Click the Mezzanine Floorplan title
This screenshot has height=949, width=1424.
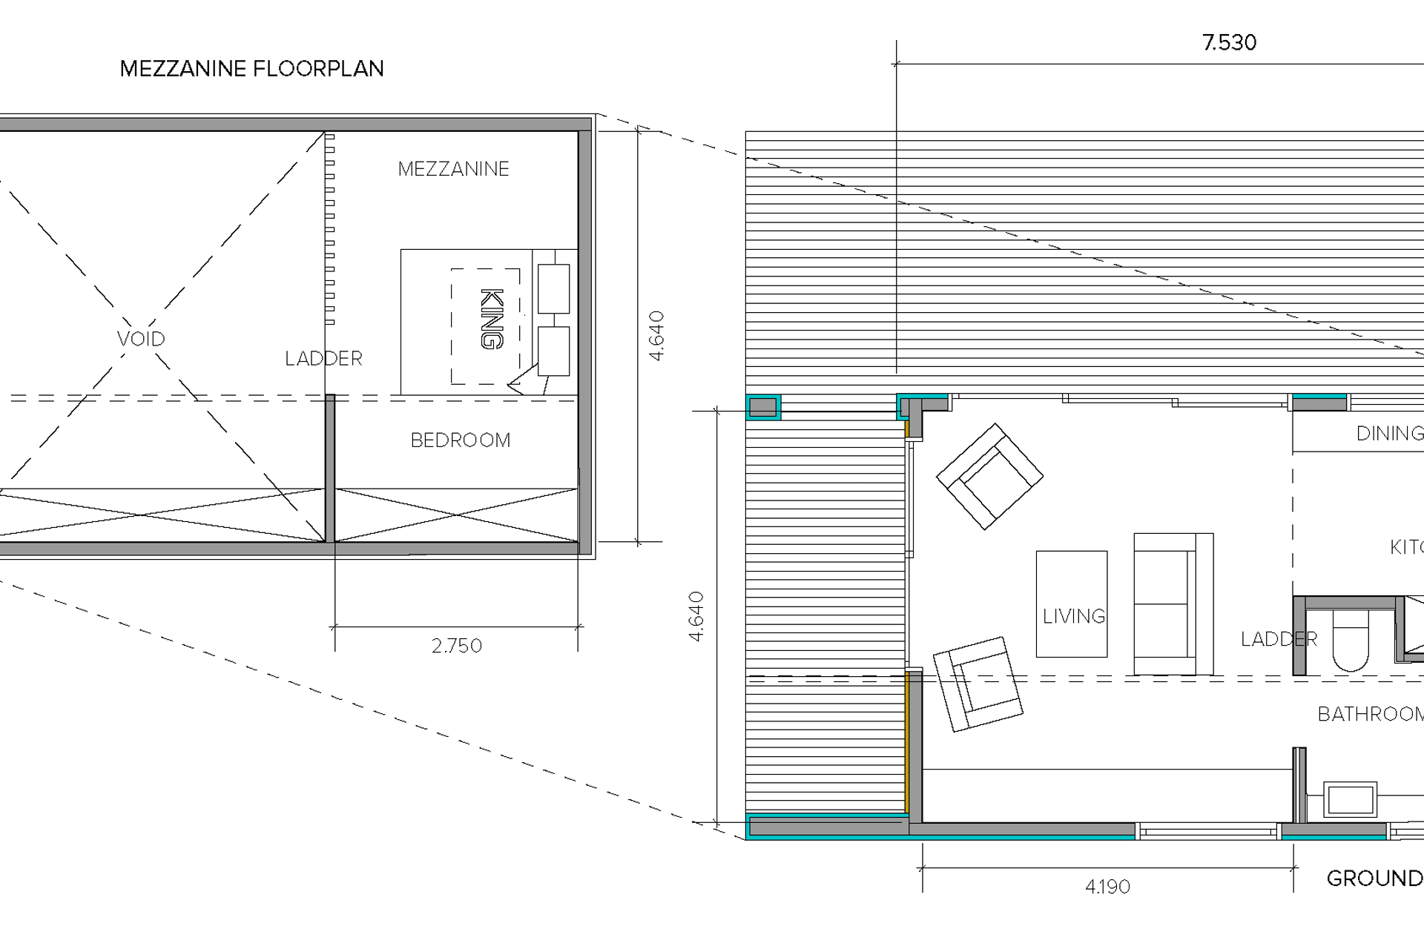pos(251,69)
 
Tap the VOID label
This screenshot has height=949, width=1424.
pos(141,339)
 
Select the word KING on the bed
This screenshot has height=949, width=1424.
pos(492,319)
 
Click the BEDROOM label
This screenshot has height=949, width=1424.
pos(461,440)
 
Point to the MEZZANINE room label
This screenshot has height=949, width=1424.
pos(453,169)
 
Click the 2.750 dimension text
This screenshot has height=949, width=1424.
pos(457,646)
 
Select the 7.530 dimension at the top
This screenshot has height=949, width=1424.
pos(1229,43)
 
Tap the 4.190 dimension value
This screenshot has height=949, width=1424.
pos(1107,887)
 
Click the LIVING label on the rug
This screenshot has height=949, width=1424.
pos(1073,616)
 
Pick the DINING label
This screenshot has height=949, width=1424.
pos(1389,434)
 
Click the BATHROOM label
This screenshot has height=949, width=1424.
pos(1370,714)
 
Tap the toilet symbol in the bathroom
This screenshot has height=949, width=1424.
pos(1351,640)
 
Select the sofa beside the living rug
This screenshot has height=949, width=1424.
pos(1172,604)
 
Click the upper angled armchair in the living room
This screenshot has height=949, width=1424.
pos(989,476)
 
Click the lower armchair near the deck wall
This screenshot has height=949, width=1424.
pos(978,684)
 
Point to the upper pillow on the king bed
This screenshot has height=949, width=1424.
pos(553,288)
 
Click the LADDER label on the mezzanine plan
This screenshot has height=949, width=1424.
pos(323,359)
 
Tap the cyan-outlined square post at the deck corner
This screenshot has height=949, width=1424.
pos(762,407)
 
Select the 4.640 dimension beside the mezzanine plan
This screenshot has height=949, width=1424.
pos(656,336)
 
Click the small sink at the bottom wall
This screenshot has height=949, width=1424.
pos(1350,799)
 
